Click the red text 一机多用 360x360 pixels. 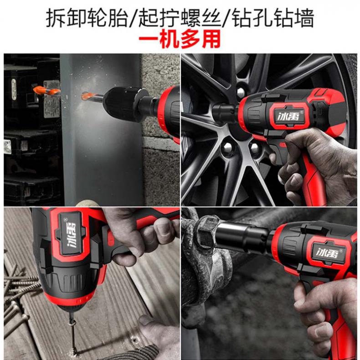click(x=179, y=39)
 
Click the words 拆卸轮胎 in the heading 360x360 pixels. click(x=87, y=18)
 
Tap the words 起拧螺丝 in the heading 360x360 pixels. click(x=180, y=18)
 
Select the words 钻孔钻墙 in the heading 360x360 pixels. click(x=273, y=18)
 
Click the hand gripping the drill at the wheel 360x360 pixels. click(x=317, y=165)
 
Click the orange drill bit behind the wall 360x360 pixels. click(x=46, y=91)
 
